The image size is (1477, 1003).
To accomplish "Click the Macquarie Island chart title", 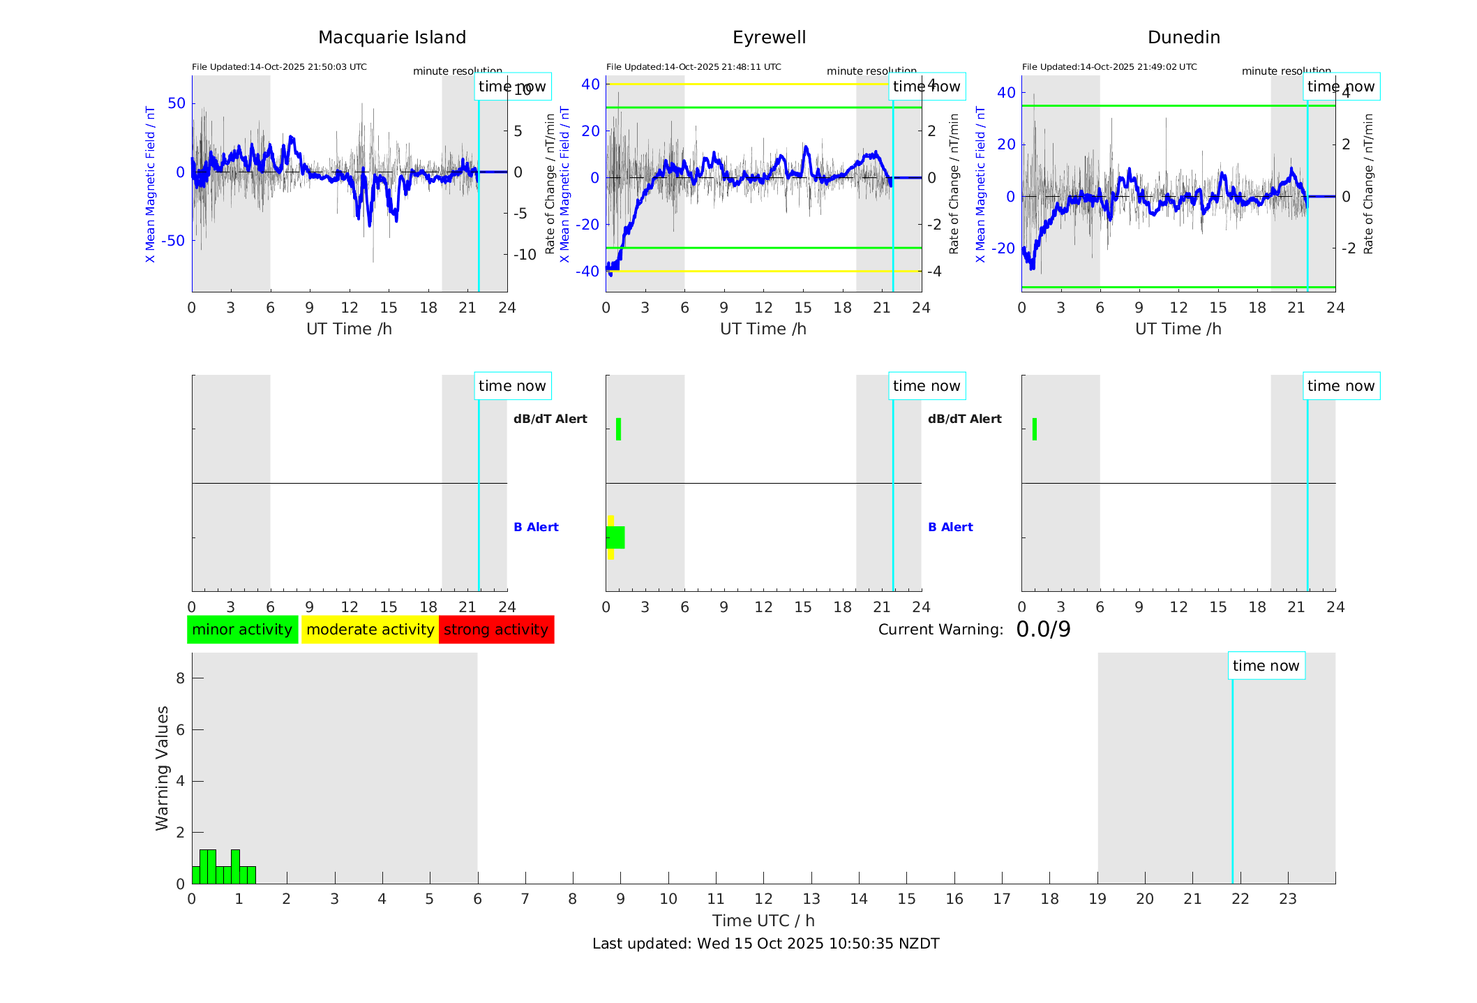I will [x=391, y=38].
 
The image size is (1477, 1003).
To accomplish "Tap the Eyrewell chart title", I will [x=769, y=38].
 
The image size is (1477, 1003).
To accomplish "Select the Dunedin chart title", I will [x=1183, y=38].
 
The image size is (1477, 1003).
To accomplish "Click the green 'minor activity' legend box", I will [x=242, y=630].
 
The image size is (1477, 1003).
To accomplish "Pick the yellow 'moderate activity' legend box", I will [x=370, y=630].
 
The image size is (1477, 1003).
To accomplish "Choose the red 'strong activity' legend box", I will [x=496, y=630].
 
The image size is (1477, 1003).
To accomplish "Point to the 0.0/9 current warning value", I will [x=1043, y=630].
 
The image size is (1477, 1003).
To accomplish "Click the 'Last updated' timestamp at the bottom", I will [x=765, y=944].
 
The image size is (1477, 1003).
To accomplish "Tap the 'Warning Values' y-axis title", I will [x=163, y=768].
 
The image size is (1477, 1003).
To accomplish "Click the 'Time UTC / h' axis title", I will [x=763, y=921].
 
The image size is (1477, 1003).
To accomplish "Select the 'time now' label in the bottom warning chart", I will [x=1266, y=666].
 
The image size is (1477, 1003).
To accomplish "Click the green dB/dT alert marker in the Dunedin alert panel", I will [x=1035, y=429].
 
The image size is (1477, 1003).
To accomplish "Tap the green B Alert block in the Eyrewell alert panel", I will [x=615, y=537].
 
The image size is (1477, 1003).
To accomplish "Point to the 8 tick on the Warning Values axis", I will [x=180, y=678].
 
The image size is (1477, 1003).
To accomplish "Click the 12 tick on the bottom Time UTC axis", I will [x=763, y=899].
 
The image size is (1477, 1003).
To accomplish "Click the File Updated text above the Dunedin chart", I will [x=1109, y=67].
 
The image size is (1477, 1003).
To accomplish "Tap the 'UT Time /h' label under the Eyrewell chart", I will [x=763, y=329].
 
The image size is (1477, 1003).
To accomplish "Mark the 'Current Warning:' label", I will [x=940, y=630].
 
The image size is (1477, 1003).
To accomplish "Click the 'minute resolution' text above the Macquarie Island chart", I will [x=457, y=71].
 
